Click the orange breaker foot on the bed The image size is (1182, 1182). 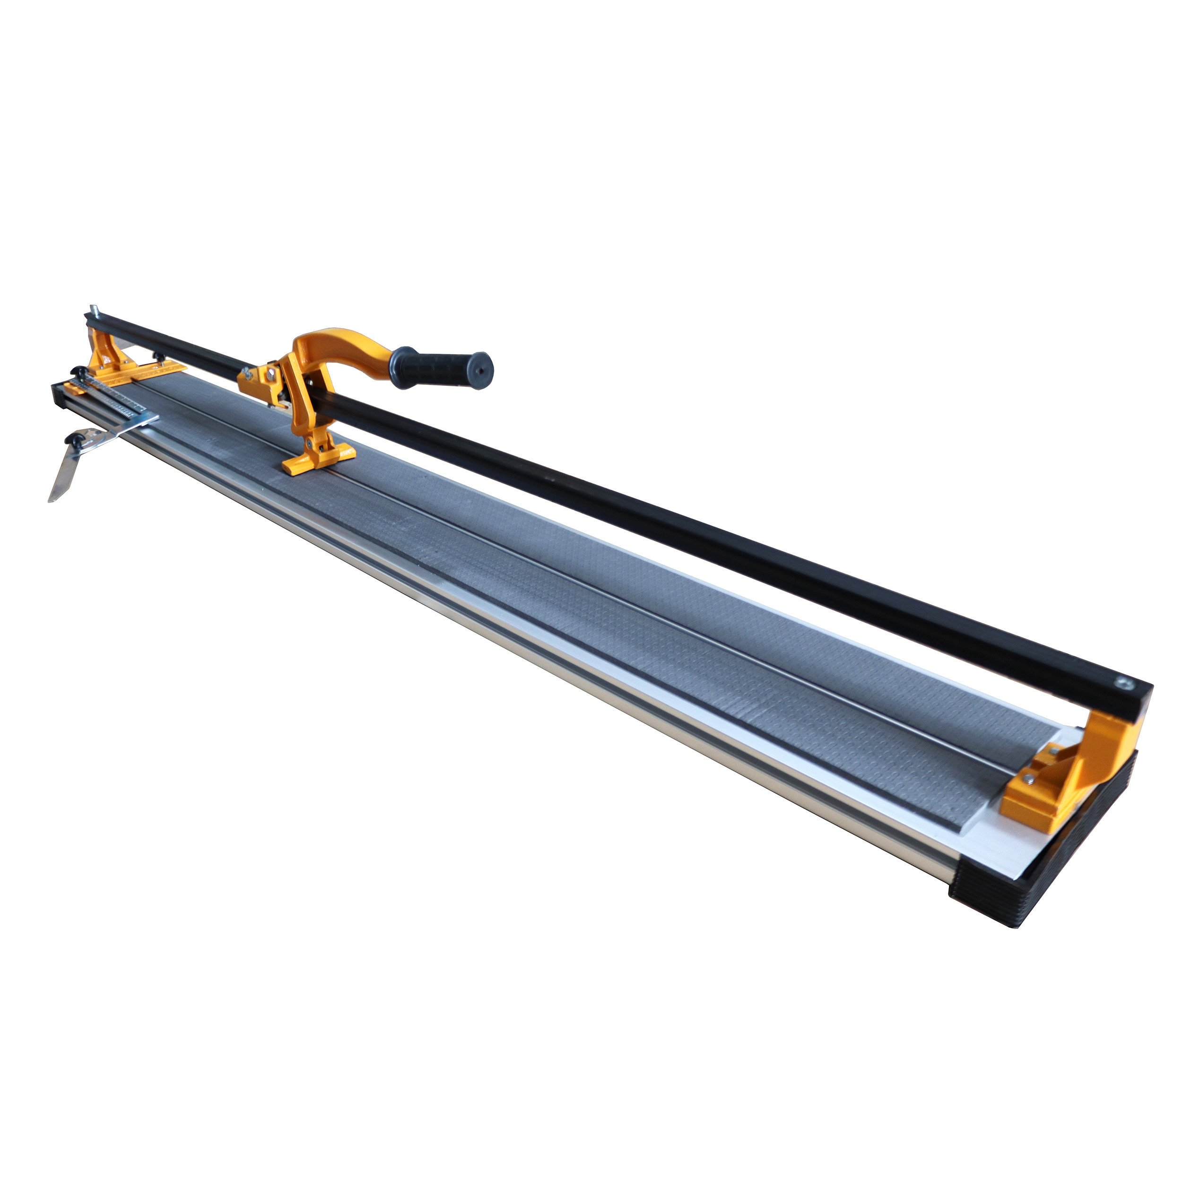pyautogui.click(x=319, y=458)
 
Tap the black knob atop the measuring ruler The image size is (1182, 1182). pyautogui.click(x=79, y=371)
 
